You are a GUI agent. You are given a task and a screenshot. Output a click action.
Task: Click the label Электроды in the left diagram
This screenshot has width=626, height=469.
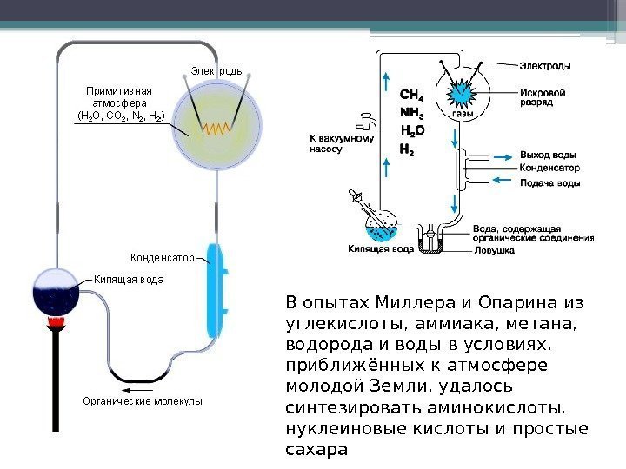pyautogui.click(x=216, y=70)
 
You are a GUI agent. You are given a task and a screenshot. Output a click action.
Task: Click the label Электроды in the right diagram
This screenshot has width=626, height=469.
pyautogui.click(x=546, y=65)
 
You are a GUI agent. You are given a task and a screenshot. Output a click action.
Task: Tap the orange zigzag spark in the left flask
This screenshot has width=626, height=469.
pyautogui.click(x=216, y=128)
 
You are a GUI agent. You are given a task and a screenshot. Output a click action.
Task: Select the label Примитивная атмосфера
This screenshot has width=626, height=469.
pyautogui.click(x=118, y=102)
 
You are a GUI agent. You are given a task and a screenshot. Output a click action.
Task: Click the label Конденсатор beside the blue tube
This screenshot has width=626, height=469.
pyautogui.click(x=162, y=258)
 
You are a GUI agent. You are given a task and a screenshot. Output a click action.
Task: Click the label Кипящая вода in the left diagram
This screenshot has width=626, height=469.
pyautogui.click(x=129, y=280)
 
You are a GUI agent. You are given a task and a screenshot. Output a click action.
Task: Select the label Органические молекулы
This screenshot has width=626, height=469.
pyautogui.click(x=142, y=401)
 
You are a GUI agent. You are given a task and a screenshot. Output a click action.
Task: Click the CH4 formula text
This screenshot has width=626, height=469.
pyautogui.click(x=411, y=95)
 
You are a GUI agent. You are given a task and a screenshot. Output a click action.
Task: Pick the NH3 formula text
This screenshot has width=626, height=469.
pyautogui.click(x=411, y=113)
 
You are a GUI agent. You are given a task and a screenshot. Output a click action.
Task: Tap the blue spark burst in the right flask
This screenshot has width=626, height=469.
pyautogui.click(x=463, y=90)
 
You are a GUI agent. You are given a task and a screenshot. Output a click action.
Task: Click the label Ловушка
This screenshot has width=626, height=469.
pyautogui.click(x=494, y=249)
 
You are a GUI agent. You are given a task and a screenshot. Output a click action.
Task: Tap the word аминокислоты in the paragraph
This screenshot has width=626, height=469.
pyautogui.click(x=492, y=407)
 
